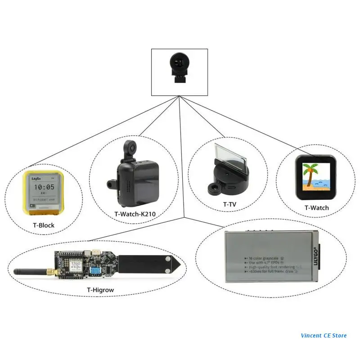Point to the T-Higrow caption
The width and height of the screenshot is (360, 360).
(100, 290)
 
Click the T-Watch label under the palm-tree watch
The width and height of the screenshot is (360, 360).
(316, 208)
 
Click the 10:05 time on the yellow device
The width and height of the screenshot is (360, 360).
(44, 187)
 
